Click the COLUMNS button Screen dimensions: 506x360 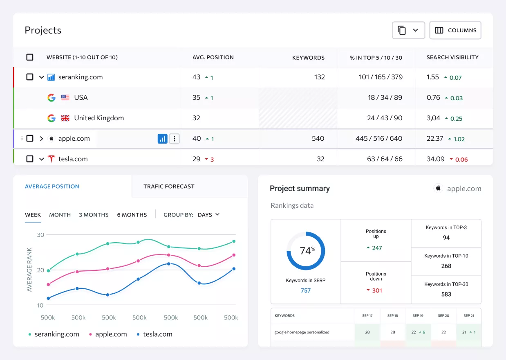[x=455, y=30]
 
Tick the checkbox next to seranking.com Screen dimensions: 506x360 [x=30, y=77]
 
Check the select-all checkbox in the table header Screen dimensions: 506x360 [x=30, y=57]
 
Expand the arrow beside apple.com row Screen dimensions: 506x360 [x=41, y=138]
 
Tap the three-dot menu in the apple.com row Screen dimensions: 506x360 [x=174, y=139]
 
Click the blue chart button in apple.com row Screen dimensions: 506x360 [x=162, y=139]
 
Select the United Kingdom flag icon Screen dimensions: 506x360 [x=65, y=118]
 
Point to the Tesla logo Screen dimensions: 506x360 [x=51, y=159]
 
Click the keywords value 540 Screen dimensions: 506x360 [x=318, y=138]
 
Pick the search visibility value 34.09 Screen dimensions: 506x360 [x=435, y=159]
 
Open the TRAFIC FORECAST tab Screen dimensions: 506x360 [x=169, y=186]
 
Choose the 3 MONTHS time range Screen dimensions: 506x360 [x=94, y=215]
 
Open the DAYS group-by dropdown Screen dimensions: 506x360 [x=208, y=215]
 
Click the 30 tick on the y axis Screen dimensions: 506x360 [x=40, y=235]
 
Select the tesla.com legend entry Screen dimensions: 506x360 [x=154, y=334]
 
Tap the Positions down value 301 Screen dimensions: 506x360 [x=377, y=290]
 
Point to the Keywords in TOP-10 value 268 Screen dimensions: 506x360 [x=446, y=266]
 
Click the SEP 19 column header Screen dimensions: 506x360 [x=418, y=315]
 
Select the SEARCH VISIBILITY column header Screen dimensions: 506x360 [x=452, y=57]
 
